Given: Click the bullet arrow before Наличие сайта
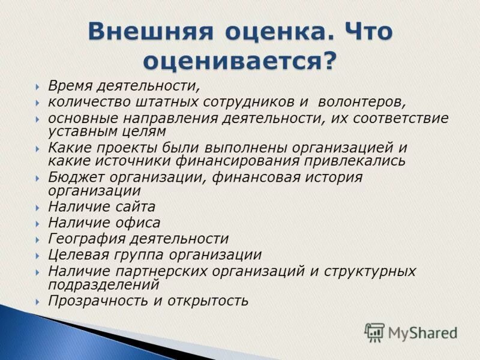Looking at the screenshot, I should (x=38, y=208).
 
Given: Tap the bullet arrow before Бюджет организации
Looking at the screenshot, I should (x=38, y=178).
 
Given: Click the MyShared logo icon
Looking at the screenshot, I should (x=374, y=332).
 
